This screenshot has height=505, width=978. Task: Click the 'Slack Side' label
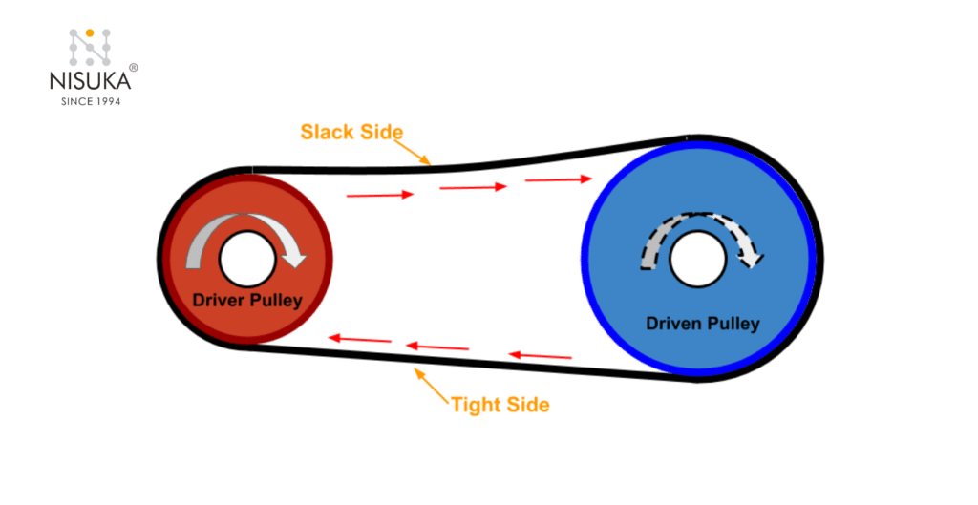click(351, 132)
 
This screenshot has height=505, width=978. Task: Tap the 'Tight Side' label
click(500, 405)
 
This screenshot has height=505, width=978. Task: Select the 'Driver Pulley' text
click(247, 300)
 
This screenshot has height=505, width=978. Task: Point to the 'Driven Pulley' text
click(703, 324)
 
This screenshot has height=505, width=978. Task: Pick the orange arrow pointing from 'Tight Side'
click(432, 386)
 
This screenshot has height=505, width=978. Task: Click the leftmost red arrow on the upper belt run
click(380, 195)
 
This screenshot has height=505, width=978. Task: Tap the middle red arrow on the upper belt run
click(473, 188)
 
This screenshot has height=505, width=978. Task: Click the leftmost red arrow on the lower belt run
click(359, 339)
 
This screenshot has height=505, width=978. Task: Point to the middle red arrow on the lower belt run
click(437, 347)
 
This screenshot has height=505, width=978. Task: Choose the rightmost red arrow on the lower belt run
click(540, 356)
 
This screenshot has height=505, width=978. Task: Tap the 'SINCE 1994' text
click(88, 100)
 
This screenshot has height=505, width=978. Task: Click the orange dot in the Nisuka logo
click(90, 33)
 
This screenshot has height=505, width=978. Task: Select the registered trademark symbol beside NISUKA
click(133, 69)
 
